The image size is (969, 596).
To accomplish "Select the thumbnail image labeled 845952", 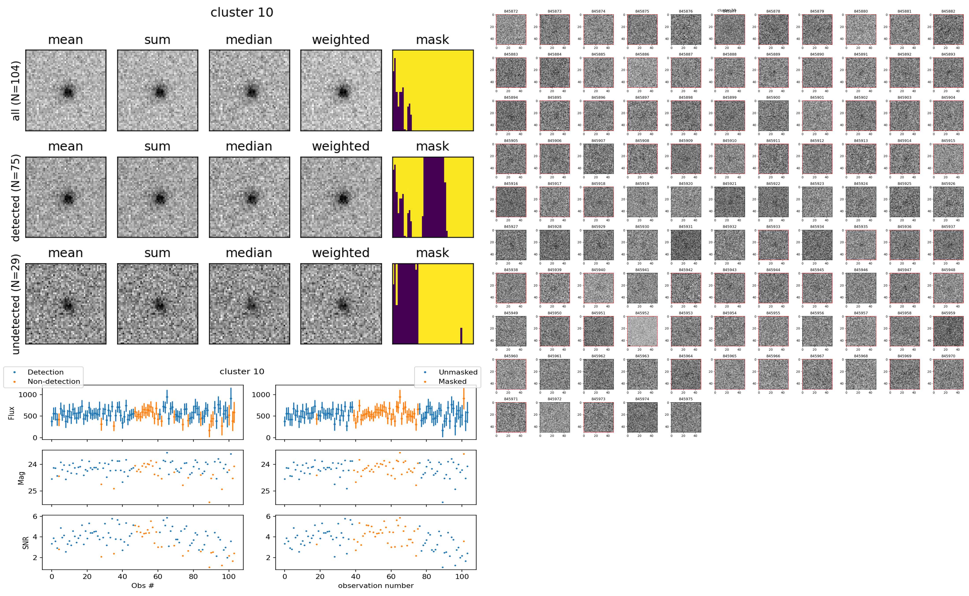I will point(642,331).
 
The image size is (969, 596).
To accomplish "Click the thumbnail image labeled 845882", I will point(948,30).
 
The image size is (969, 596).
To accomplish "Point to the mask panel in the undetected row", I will point(433,304).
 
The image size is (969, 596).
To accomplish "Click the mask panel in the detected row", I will point(433,197).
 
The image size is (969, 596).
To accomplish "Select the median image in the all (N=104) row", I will point(249,90).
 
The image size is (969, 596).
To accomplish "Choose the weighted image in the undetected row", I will point(341,304).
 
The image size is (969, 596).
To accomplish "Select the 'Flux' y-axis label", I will point(12,413).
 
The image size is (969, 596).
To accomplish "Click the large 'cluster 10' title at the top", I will point(242,13).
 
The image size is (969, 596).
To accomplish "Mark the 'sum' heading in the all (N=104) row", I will point(157,40).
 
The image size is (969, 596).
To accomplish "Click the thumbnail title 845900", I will point(773,97).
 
